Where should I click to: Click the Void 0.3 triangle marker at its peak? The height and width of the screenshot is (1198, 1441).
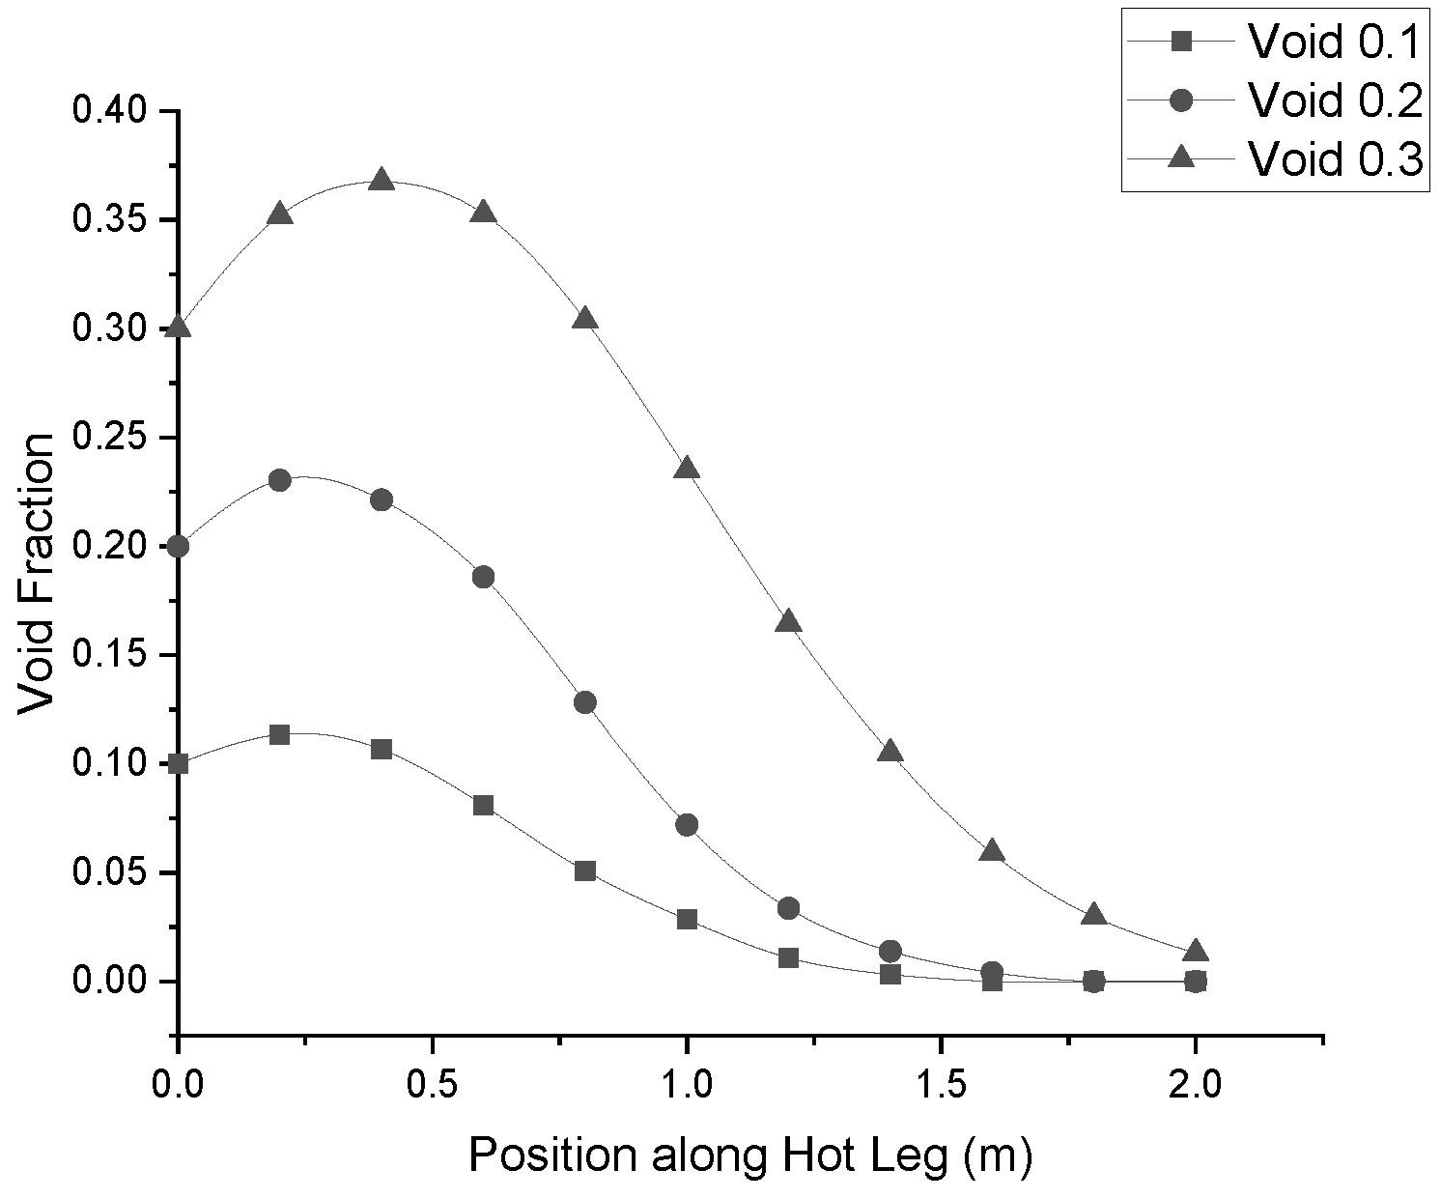(x=381, y=181)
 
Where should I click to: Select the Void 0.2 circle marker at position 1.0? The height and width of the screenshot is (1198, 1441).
(x=687, y=824)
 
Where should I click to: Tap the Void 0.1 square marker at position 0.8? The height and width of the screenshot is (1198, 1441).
(x=585, y=870)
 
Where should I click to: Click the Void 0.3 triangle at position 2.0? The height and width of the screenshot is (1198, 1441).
(x=1196, y=951)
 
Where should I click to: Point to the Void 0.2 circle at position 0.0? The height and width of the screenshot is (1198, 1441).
(x=178, y=547)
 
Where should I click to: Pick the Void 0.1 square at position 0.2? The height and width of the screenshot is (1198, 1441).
(x=279, y=734)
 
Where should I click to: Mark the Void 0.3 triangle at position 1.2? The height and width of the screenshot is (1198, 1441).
(x=789, y=621)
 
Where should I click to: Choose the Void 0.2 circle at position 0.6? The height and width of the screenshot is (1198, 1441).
(x=484, y=577)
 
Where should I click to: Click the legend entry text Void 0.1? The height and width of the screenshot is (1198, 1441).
(x=1335, y=42)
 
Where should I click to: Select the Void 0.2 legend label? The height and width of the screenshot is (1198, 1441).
(x=1335, y=100)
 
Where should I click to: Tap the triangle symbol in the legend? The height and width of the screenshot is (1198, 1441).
(x=1182, y=157)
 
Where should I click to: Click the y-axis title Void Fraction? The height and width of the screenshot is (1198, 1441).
(x=35, y=575)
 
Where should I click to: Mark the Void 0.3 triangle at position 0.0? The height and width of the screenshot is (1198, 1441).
(x=178, y=326)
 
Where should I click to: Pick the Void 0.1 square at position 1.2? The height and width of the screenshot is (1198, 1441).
(x=789, y=957)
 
